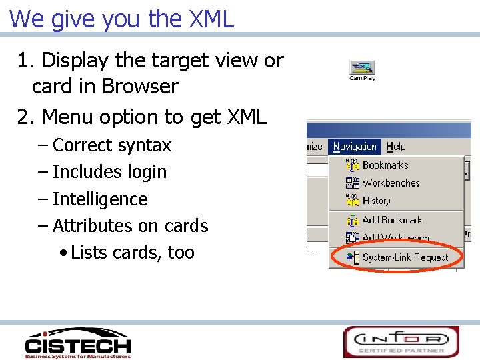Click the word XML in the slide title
(x=212, y=19)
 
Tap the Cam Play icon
(x=363, y=68)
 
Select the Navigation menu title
(x=355, y=147)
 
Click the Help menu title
(x=396, y=147)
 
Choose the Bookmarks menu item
(x=385, y=165)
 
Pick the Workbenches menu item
(x=391, y=183)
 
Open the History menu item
(x=376, y=201)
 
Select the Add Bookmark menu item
(x=392, y=220)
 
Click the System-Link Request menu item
(x=405, y=257)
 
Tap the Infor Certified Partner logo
(x=401, y=342)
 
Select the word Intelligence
(x=100, y=199)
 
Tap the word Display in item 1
(x=73, y=61)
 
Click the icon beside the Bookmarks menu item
(x=353, y=165)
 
